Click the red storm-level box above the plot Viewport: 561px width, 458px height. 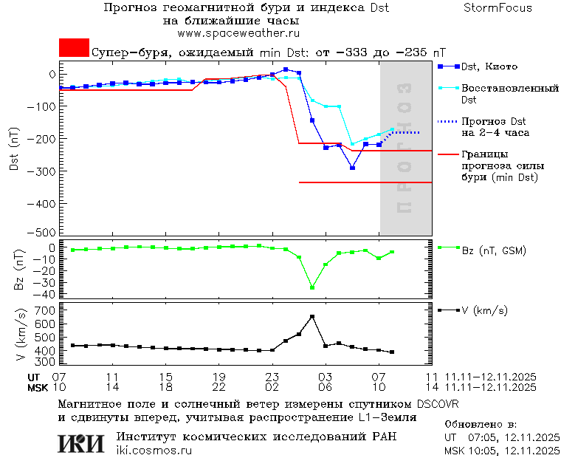74,47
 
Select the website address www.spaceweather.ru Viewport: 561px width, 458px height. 238,33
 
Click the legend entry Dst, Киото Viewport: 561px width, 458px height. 492,66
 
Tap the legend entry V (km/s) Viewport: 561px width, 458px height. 484,310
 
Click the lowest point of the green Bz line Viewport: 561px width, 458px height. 312,287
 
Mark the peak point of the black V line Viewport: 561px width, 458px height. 312,316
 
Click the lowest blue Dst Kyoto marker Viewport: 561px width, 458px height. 352,168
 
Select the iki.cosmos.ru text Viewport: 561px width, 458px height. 154,451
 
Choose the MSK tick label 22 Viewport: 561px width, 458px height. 219,386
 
